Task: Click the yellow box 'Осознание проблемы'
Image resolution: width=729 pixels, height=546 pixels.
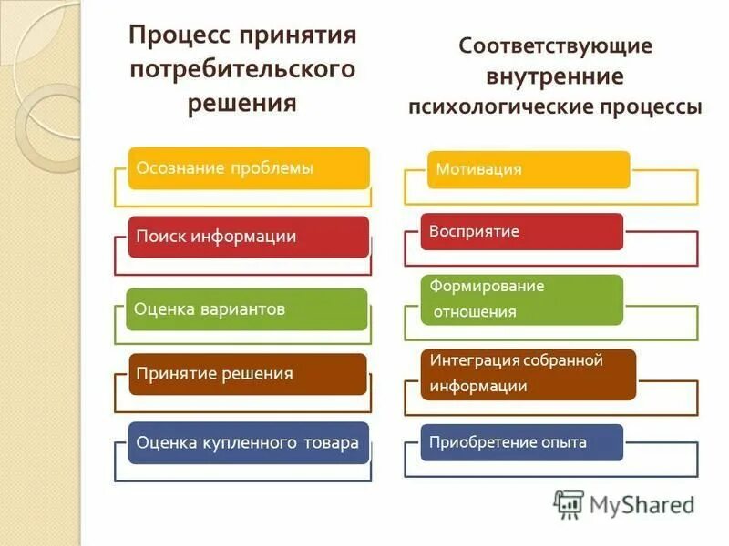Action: click(248, 168)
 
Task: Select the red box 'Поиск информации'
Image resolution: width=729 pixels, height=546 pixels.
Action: click(248, 237)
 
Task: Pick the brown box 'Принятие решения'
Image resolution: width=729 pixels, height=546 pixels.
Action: click(248, 374)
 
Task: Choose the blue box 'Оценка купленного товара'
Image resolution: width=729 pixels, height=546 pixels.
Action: click(248, 443)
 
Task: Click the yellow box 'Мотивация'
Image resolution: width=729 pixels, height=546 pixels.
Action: click(529, 169)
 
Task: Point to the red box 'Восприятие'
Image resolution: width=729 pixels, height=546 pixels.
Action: click(521, 231)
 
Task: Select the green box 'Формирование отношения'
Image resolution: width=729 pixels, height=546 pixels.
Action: click(521, 299)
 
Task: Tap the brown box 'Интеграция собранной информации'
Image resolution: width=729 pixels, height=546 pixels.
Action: click(529, 373)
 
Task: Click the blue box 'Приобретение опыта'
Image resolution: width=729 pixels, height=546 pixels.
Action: click(521, 442)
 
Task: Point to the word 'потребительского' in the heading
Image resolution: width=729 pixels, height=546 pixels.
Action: click(242, 70)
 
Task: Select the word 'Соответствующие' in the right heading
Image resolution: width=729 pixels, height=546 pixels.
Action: click(556, 45)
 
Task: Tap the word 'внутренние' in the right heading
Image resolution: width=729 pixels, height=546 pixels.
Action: click(555, 76)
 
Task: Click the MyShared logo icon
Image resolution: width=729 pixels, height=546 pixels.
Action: click(569, 504)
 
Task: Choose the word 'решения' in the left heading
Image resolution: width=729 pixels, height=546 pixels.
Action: click(242, 102)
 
